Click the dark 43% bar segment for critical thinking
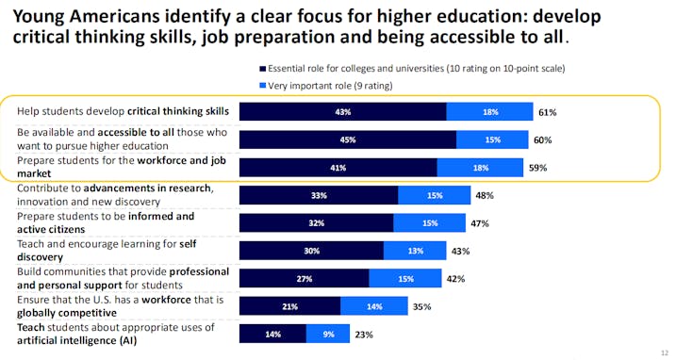click(x=342, y=112)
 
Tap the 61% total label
click(x=547, y=112)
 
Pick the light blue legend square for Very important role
click(x=262, y=86)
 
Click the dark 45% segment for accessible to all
click(x=347, y=139)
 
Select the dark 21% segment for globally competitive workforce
click(x=289, y=306)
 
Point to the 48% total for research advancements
click(x=486, y=195)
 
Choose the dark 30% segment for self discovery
click(x=311, y=251)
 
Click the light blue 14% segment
click(x=373, y=306)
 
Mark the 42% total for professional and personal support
click(x=456, y=279)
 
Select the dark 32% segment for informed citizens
click(x=316, y=223)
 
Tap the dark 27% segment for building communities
click(x=304, y=279)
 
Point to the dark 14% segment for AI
click(x=272, y=334)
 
